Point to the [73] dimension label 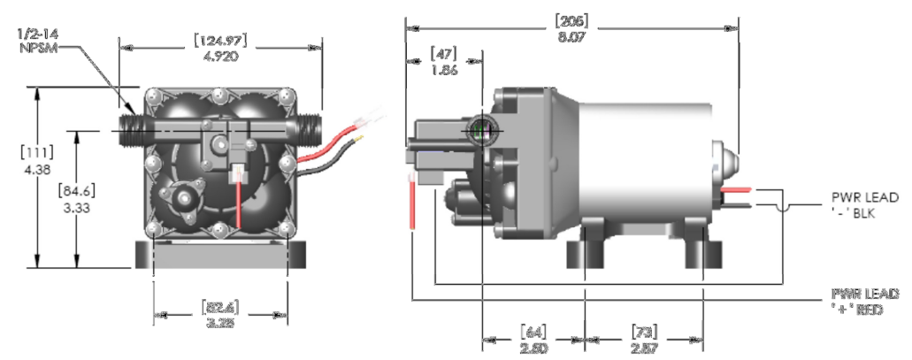click(x=644, y=332)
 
